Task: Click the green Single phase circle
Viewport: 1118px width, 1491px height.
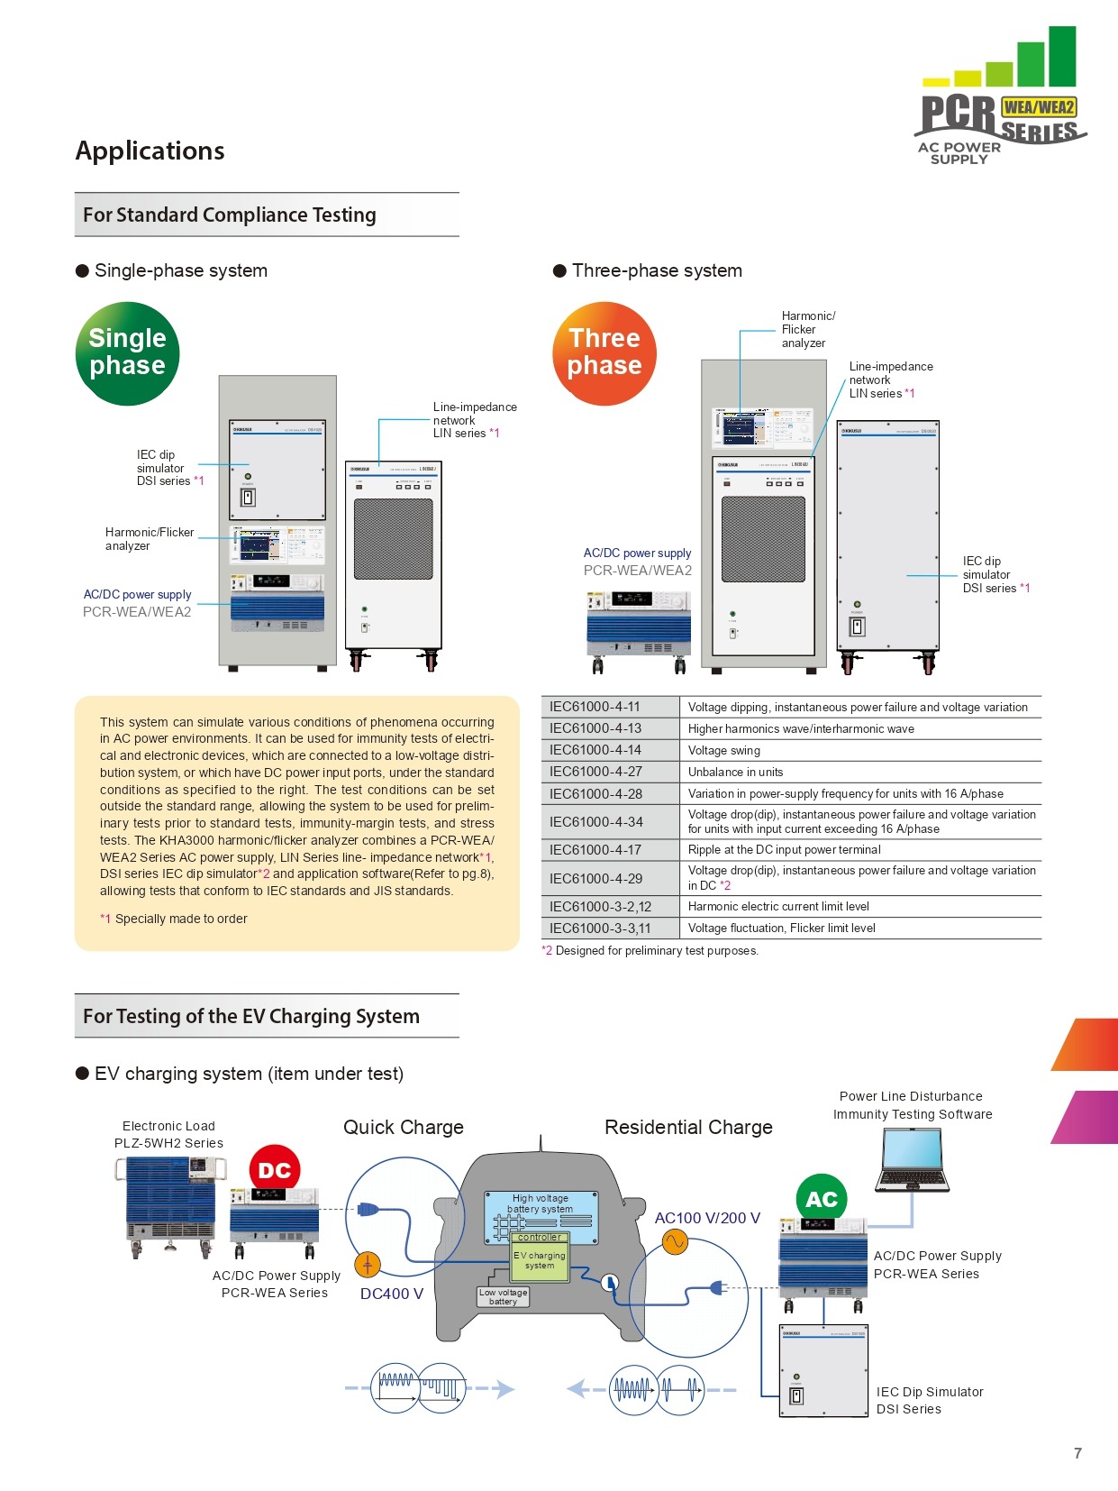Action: click(x=127, y=352)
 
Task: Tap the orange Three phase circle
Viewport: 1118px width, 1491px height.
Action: click(x=604, y=352)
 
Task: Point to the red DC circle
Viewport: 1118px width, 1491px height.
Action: click(x=275, y=1170)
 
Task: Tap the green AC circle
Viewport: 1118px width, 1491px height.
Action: click(x=822, y=1199)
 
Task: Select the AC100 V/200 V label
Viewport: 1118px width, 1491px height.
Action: click(x=707, y=1218)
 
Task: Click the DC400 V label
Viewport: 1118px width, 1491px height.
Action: click(x=392, y=1294)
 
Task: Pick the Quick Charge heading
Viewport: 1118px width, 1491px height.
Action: click(x=404, y=1127)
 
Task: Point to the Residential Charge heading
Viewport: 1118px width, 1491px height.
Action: click(x=688, y=1127)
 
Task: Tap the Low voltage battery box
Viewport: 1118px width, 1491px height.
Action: click(x=503, y=1297)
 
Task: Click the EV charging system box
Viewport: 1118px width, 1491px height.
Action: click(x=540, y=1260)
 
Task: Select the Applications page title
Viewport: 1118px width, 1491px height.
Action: click(x=150, y=151)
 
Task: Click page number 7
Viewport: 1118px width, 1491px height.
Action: click(x=1077, y=1453)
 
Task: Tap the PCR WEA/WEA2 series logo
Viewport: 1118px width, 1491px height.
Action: click(x=1000, y=99)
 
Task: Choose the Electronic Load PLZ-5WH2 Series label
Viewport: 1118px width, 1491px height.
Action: click(x=168, y=1134)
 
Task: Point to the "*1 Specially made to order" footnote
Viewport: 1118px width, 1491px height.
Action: click(x=174, y=919)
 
